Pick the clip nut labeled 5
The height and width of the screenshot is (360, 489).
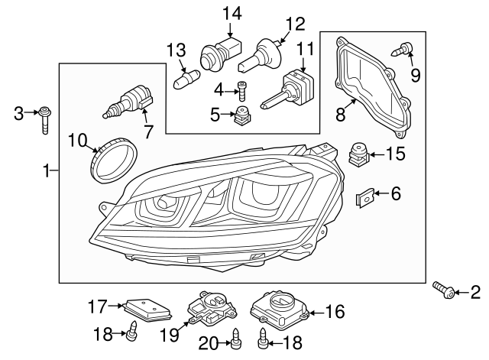244,117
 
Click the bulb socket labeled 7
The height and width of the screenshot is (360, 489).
130,104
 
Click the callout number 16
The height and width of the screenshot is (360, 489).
335,311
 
